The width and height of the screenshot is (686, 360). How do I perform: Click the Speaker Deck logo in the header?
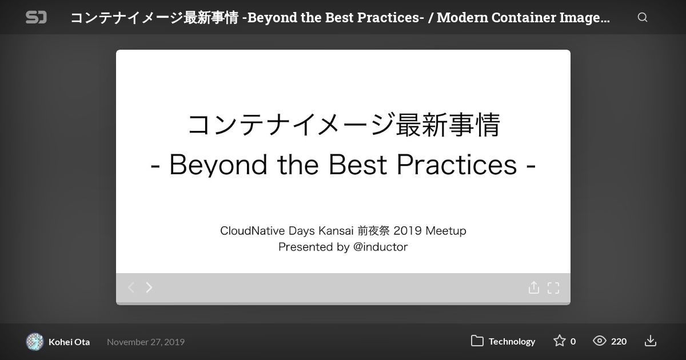36,17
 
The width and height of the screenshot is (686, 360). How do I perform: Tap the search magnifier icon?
643,17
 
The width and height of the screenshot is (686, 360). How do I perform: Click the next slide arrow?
149,287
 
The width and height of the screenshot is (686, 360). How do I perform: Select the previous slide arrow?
131,287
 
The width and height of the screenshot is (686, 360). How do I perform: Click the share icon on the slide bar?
534,287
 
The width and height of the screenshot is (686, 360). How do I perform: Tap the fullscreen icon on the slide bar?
553,288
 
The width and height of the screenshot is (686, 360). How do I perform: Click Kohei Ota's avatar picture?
35,341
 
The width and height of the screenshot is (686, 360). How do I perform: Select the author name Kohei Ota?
69,342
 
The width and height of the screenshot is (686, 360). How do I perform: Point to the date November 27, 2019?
146,342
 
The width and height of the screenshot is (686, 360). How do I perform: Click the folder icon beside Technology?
477,341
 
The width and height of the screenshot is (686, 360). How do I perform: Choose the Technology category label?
512,341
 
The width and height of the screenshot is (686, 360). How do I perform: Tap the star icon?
560,341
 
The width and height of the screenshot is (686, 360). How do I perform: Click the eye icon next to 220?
600,341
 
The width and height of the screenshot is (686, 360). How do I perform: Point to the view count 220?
619,341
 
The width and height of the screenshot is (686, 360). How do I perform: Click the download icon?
651,341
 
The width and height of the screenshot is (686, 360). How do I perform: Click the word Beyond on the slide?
218,165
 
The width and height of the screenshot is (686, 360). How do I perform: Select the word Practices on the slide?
457,165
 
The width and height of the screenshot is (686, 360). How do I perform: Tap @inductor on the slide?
380,247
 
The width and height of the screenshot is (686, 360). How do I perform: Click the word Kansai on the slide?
336,230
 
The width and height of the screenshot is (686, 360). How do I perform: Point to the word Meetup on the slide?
446,231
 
